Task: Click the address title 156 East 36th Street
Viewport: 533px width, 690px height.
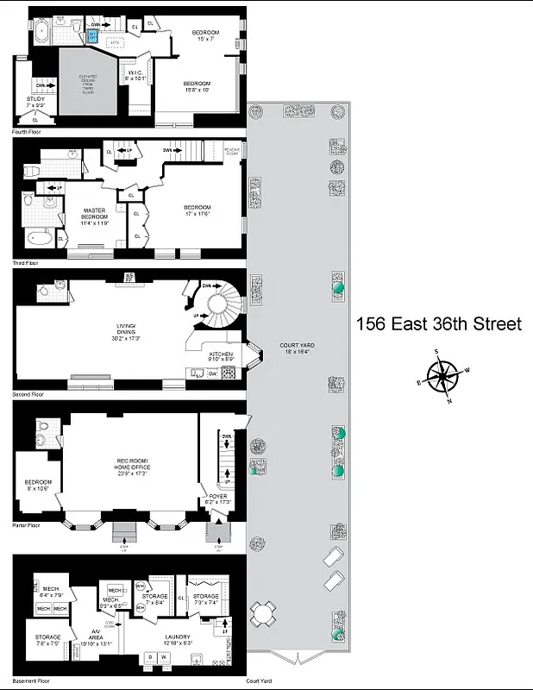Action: [x=439, y=324]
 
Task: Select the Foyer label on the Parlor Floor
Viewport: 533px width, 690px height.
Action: [x=218, y=499]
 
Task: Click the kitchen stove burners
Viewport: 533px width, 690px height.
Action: [x=229, y=373]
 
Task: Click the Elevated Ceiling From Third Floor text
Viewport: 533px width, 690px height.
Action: [x=88, y=82]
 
